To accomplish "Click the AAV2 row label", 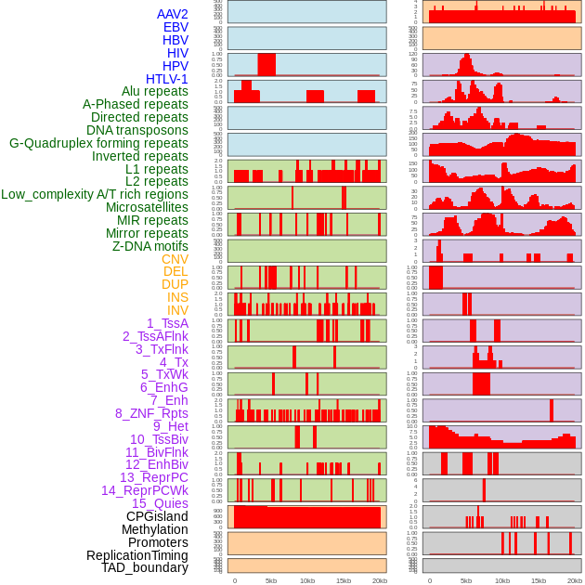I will tap(172, 14).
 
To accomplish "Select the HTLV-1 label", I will tap(166, 79).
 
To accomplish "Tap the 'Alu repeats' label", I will tap(154, 91).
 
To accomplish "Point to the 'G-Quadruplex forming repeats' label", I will tap(98, 143).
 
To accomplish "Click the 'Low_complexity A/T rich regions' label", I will tap(95, 194).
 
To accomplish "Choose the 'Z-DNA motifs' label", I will tap(149, 246).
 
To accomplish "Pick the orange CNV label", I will tap(175, 259).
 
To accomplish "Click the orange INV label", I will tap(177, 310).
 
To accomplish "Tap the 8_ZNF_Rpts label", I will tap(151, 413).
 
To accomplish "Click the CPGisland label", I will tap(157, 516).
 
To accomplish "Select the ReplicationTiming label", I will tap(136, 555).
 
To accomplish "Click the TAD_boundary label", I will tap(144, 567).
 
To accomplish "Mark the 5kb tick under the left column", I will tap(271, 580).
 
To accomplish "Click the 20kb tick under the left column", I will tap(380, 580).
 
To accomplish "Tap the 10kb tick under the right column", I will tap(502, 580).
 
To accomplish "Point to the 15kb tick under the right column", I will tap(539, 580).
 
